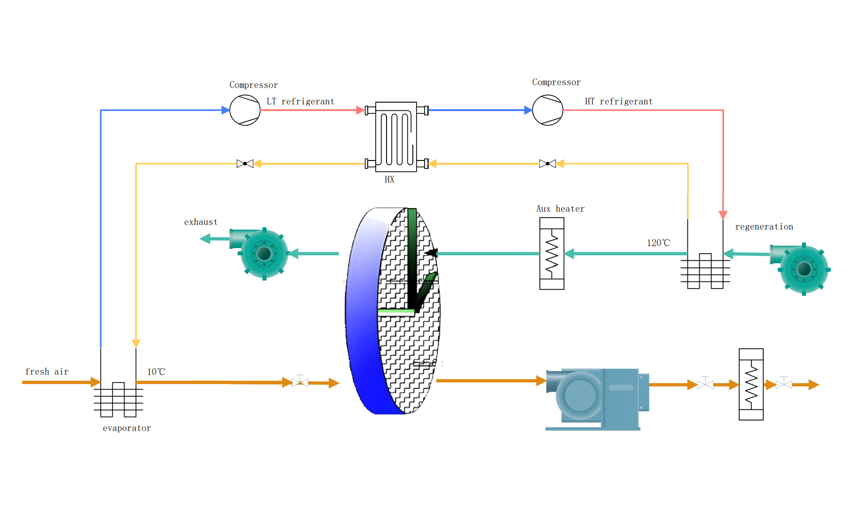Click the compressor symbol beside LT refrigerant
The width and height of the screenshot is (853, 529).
coord(245,110)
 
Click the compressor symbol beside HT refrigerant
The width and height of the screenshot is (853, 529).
coord(548,110)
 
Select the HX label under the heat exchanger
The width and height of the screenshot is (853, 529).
coord(389,179)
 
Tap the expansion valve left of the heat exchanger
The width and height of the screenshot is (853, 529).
coord(245,164)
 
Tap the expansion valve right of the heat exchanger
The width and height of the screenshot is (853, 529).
coord(548,164)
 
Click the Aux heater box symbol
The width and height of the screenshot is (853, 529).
coord(552,253)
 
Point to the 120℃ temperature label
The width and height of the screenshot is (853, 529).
coord(658,243)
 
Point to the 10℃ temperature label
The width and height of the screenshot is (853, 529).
coord(156,372)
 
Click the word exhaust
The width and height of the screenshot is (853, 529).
coord(201,222)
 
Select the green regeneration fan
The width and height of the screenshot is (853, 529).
coord(800,269)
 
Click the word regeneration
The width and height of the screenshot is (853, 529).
coord(764,227)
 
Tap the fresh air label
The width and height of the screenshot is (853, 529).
coord(47,372)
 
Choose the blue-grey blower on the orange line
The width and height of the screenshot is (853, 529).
coord(597,399)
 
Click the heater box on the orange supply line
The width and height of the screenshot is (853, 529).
coord(751,385)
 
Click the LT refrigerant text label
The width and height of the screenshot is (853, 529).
coord(300,102)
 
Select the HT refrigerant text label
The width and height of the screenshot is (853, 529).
coord(619,102)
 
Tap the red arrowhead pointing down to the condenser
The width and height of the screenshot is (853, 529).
coord(723,215)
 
